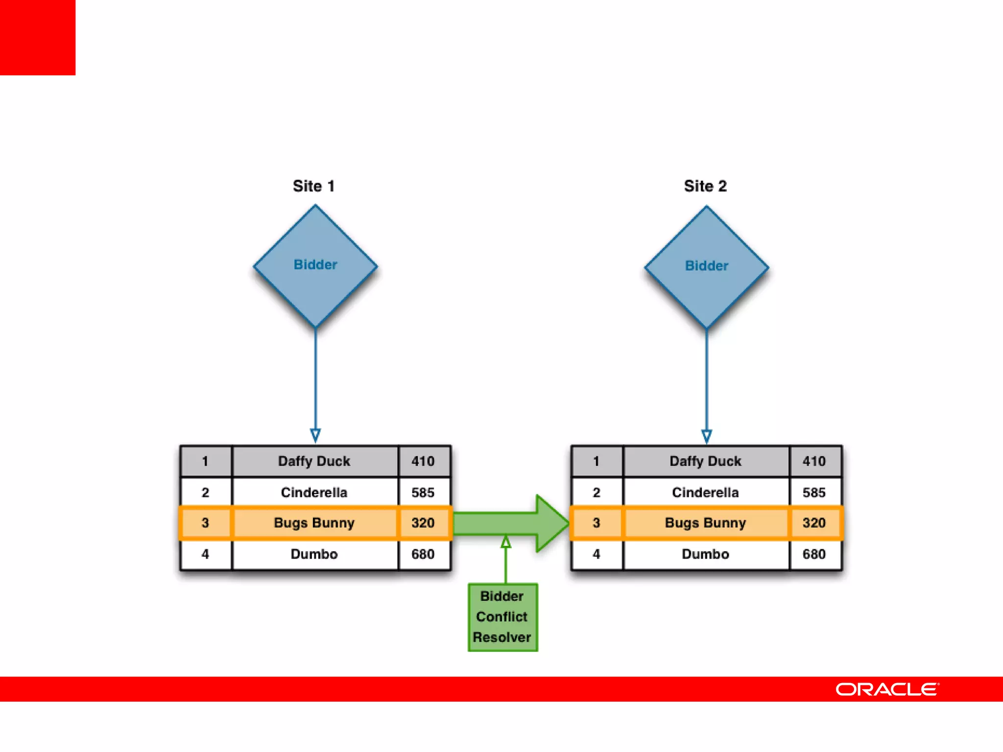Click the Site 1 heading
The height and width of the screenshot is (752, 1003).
click(313, 186)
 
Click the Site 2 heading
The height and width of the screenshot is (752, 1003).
click(705, 186)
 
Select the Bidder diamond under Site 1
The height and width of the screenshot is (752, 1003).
click(315, 266)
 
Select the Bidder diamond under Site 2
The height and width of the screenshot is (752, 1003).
click(706, 267)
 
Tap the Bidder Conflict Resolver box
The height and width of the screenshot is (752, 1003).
click(502, 617)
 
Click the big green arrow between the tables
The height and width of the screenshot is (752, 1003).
click(509, 523)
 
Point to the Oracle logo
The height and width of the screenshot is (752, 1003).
click(887, 689)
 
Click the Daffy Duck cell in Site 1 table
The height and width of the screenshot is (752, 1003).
click(314, 461)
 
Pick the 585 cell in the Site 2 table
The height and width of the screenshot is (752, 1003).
click(814, 492)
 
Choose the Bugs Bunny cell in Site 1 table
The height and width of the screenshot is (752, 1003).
click(314, 523)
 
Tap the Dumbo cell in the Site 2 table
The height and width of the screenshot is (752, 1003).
click(705, 554)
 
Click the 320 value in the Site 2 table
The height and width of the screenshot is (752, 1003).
click(814, 523)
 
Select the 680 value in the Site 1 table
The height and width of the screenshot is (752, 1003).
click(423, 554)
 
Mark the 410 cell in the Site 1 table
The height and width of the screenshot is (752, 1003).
click(423, 461)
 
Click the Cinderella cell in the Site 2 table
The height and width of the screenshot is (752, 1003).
click(705, 492)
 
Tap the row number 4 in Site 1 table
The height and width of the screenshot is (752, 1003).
click(205, 554)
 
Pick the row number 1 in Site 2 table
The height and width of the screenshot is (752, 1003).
click(596, 461)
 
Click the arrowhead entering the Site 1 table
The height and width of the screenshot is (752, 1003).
click(315, 435)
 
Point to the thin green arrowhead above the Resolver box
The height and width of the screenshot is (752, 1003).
click(506, 541)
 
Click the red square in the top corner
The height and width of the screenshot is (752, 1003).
click(38, 38)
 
